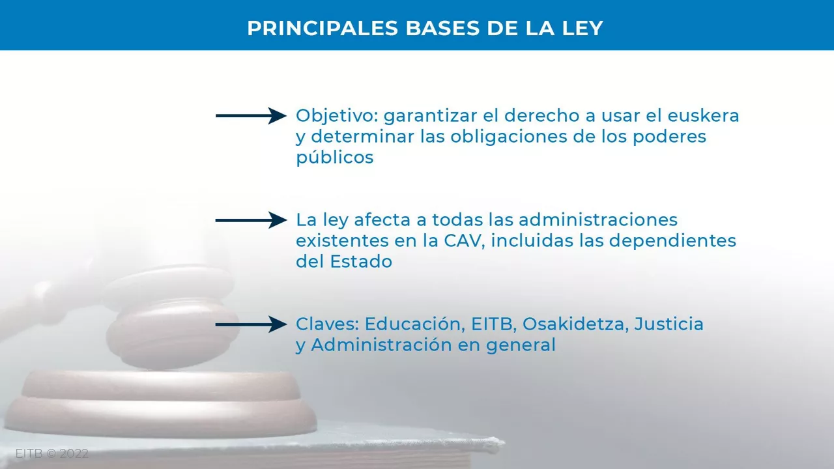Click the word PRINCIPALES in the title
point(323,28)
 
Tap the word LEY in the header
point(582,28)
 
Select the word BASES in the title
point(442,28)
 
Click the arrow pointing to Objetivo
point(251,116)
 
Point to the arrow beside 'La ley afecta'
point(251,220)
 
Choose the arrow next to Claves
point(251,324)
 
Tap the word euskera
point(703,116)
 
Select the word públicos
point(335,158)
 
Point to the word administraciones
point(598,220)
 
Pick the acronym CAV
point(464,241)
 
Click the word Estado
point(361,262)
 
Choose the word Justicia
point(669,324)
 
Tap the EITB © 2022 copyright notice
point(51,454)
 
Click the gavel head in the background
point(171,317)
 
